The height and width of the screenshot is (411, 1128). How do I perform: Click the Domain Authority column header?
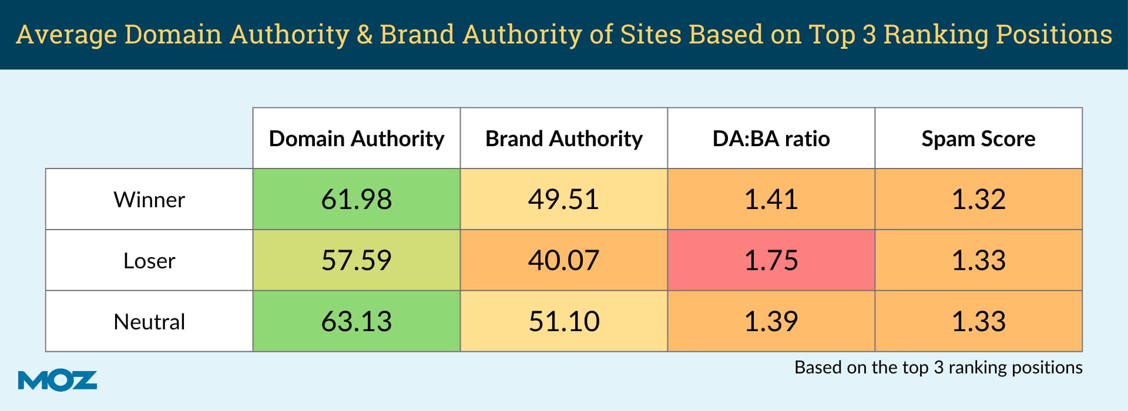pyautogui.click(x=356, y=139)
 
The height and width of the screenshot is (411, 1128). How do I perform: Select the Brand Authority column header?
pyautogui.click(x=563, y=139)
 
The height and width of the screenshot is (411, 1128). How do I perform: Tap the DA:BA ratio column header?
pyautogui.click(x=771, y=139)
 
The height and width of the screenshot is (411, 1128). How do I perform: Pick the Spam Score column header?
pyautogui.click(x=978, y=139)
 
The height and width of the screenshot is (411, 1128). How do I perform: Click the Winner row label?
pyautogui.click(x=149, y=200)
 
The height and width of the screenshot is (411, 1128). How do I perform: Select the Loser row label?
pyautogui.click(x=149, y=261)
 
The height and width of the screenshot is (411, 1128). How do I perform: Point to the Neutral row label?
pyautogui.click(x=149, y=322)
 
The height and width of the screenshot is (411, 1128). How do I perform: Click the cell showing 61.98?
pyautogui.click(x=356, y=200)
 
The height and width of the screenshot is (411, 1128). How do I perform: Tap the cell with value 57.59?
pyautogui.click(x=356, y=261)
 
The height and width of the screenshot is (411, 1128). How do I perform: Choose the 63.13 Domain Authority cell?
pyautogui.click(x=356, y=322)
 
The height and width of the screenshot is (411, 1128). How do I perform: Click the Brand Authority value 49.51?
pyautogui.click(x=563, y=200)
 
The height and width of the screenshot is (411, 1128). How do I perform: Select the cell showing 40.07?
pyautogui.click(x=563, y=261)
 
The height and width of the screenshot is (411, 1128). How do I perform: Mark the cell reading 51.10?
pyautogui.click(x=563, y=322)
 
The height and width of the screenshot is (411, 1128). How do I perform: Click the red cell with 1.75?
pyautogui.click(x=771, y=261)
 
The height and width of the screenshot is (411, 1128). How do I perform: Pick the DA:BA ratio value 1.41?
pyautogui.click(x=771, y=200)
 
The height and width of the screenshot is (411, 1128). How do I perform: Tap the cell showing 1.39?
pyautogui.click(x=771, y=322)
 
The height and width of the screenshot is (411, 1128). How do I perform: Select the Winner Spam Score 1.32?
pyautogui.click(x=978, y=200)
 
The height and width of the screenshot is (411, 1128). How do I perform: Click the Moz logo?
pyautogui.click(x=57, y=380)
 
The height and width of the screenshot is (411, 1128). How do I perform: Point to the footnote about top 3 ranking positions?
pyautogui.click(x=938, y=368)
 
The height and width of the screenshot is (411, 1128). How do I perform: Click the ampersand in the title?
pyautogui.click(x=364, y=35)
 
